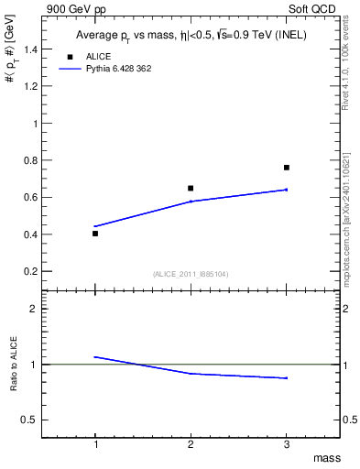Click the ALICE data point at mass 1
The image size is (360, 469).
coord(95,234)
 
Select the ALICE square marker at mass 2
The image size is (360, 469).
coord(191,189)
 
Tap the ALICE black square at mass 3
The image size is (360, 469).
coord(287,168)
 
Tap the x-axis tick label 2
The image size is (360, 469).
coord(191,444)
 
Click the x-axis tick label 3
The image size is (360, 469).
coord(287,444)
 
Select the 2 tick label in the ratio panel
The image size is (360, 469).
coord(42,309)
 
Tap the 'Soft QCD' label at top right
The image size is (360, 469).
coord(313,8)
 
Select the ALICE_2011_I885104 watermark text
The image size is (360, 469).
coord(191,274)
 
